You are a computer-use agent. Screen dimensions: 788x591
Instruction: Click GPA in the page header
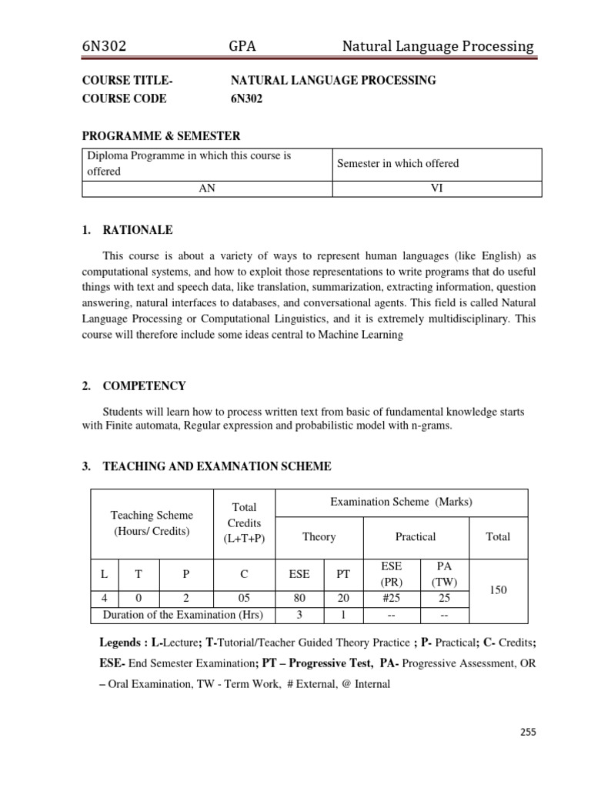coord(242,46)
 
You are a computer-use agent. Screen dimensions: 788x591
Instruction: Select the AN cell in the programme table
coord(206,187)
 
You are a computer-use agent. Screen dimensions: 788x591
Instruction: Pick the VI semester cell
coord(436,187)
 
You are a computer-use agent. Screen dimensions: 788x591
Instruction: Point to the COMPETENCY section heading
coord(144,386)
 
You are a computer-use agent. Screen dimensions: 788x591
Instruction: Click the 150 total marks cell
coord(497,589)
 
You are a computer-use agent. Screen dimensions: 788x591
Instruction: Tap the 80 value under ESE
coord(299,596)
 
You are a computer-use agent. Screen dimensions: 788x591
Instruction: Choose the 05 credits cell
coord(243,596)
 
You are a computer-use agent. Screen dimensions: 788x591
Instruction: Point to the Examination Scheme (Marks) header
coord(401,502)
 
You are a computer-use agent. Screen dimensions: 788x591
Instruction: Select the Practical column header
coord(416,536)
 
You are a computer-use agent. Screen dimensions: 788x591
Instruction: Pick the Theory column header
coord(319,536)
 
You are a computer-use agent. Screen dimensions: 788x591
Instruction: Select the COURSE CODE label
coord(124,98)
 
